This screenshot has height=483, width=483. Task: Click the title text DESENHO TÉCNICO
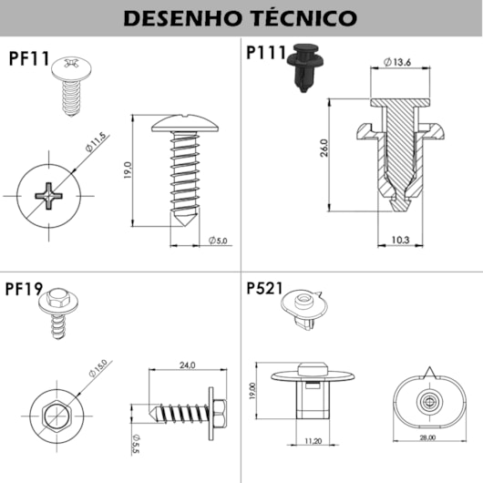click(x=241, y=17)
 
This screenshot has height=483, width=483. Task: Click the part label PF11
click(x=29, y=59)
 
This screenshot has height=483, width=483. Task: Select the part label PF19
click(x=26, y=290)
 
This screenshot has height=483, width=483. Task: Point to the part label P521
click(x=264, y=290)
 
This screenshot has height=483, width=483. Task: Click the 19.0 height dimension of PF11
click(x=128, y=170)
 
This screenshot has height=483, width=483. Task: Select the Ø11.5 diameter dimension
click(x=98, y=145)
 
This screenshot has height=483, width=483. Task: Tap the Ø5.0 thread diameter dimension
click(x=219, y=241)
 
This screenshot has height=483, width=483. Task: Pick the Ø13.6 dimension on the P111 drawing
click(x=398, y=61)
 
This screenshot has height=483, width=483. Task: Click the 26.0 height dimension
click(x=324, y=149)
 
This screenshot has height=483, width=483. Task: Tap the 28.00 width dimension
click(x=426, y=437)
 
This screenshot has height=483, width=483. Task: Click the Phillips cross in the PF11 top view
click(x=46, y=195)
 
